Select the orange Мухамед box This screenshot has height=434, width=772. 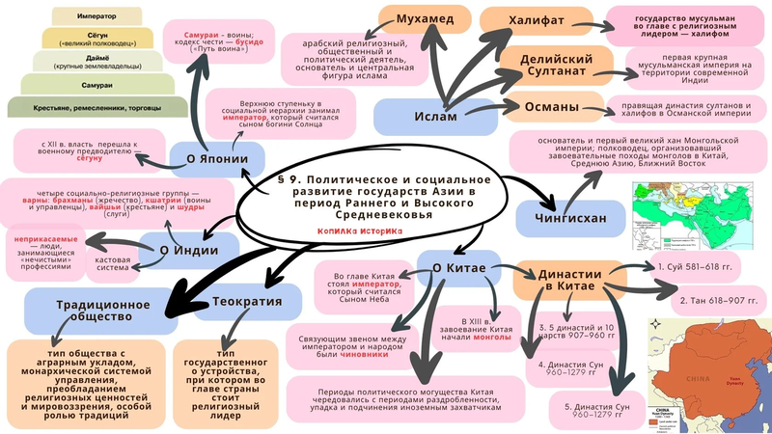click(426, 18)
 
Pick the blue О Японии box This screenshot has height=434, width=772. click(210, 159)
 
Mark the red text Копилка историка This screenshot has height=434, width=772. click(355, 231)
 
